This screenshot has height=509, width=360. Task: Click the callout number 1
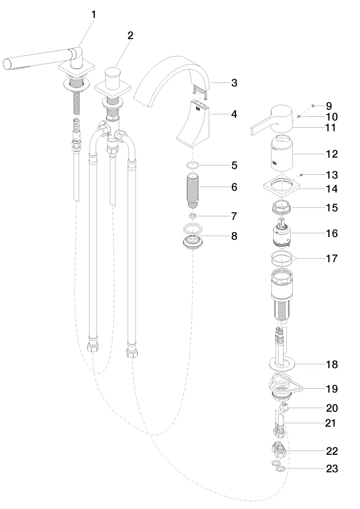coord(93,15)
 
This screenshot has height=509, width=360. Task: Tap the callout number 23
coord(332,469)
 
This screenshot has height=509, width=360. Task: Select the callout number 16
coord(332,233)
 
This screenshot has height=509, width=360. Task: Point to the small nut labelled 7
coord(192,216)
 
